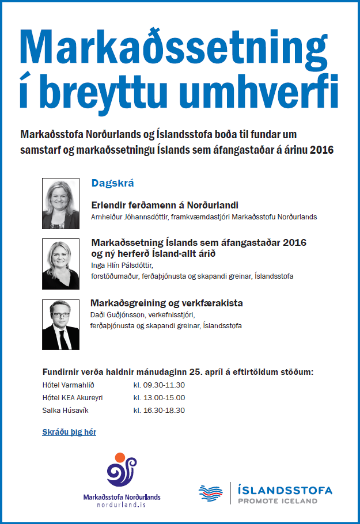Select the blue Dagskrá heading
click(x=112, y=183)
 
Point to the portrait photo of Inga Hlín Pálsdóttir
click(x=60, y=264)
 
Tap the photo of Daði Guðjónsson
click(x=60, y=324)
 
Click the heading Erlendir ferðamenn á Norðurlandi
click(x=165, y=204)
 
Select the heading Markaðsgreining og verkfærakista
click(x=167, y=303)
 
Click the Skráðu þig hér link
click(x=69, y=431)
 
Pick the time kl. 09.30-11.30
click(x=159, y=385)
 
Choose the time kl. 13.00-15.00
click(x=159, y=398)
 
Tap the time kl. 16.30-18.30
click(x=159, y=411)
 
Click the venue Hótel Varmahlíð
click(x=67, y=385)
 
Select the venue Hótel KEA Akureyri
click(x=73, y=398)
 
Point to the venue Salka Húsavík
click(x=65, y=411)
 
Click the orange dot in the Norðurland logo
click(x=120, y=458)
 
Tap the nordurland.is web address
click(x=122, y=504)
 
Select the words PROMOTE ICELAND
click(x=278, y=501)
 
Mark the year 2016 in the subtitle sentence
click(x=321, y=150)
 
